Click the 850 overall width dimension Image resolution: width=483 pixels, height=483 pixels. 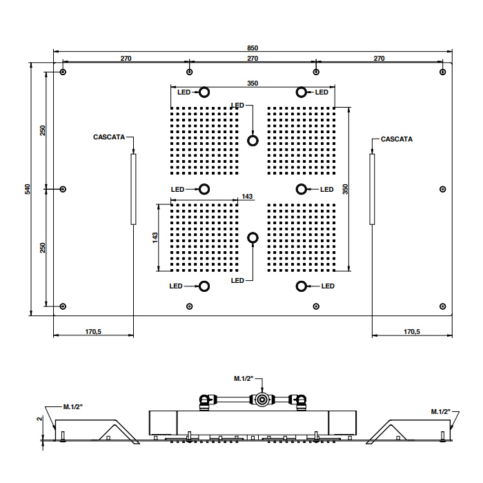point(253,48)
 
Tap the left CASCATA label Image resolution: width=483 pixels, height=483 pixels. point(109,137)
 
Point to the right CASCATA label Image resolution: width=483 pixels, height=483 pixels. point(397,139)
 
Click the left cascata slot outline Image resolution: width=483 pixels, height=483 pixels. point(133,188)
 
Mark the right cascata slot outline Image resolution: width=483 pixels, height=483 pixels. point(372,188)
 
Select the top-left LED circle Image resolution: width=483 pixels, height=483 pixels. point(204,92)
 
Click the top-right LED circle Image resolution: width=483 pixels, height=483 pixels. point(301,92)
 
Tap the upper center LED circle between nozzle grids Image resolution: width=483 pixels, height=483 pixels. point(253,141)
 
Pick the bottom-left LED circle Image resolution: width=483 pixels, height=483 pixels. point(204,286)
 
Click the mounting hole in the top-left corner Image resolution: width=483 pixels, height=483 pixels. point(63,72)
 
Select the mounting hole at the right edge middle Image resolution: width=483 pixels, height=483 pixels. point(442,189)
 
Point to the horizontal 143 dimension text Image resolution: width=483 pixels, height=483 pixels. point(247,197)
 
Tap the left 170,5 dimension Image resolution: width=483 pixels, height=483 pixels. point(94,332)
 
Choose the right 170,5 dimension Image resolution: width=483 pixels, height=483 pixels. point(411,332)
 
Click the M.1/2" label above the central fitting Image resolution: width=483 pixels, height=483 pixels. point(244,378)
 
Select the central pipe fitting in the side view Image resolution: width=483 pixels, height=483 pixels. point(262,399)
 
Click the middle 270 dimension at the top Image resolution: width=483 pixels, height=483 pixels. point(253,59)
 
